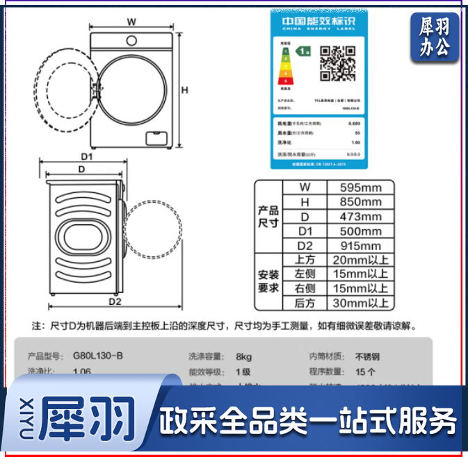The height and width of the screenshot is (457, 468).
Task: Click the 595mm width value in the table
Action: (360, 188)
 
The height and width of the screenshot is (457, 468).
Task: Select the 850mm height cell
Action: (360, 202)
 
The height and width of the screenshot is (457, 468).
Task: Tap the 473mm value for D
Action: (360, 217)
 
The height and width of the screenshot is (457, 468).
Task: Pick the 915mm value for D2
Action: (360, 246)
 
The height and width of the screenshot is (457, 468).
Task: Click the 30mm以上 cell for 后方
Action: (360, 303)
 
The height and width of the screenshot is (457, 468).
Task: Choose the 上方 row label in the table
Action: (305, 260)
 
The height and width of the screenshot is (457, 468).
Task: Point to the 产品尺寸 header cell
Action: (268, 217)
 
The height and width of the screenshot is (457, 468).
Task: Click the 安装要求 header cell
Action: (268, 281)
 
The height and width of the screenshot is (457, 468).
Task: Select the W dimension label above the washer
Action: (131, 21)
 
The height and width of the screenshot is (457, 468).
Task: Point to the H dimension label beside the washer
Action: (185, 90)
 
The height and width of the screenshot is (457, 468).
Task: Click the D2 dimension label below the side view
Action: (114, 302)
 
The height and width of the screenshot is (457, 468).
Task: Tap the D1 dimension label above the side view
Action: (86, 157)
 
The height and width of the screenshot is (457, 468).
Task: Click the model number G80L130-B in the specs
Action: (98, 356)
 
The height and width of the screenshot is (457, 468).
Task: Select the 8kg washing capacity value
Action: (243, 356)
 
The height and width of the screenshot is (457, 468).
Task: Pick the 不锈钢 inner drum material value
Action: (368, 356)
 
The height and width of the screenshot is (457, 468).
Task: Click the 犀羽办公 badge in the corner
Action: (435, 38)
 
